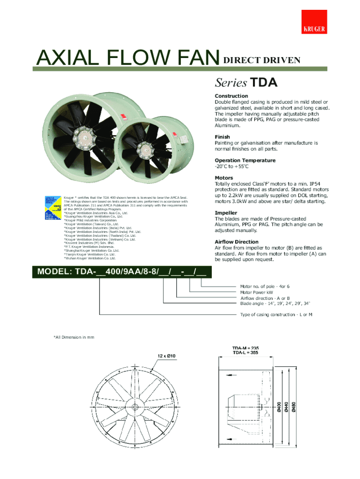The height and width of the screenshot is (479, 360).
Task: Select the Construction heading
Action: pyautogui.click(x=231, y=96)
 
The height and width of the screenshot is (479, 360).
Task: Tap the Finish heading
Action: pyautogui.click(x=222, y=137)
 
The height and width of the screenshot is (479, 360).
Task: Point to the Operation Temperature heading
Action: pyautogui.click(x=245, y=160)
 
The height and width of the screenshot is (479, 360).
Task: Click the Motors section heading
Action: pyautogui.click(x=224, y=178)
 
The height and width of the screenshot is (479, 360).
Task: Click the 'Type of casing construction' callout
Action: pyautogui.click(x=276, y=315)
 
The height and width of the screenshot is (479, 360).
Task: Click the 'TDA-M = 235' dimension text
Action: pyautogui.click(x=246, y=348)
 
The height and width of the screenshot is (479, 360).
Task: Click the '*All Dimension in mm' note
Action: pyautogui.click(x=74, y=337)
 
